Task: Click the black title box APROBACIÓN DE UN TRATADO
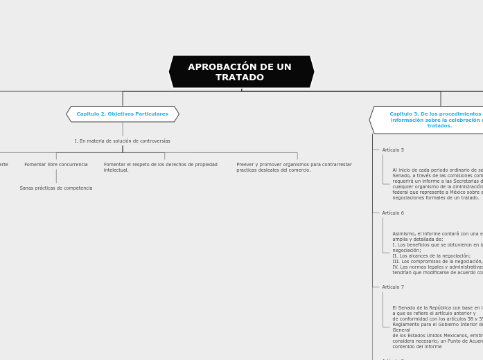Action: coord(241,72)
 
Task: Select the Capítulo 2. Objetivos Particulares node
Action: coord(123,114)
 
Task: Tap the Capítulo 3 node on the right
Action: coord(430,120)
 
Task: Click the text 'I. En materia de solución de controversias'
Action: coord(123,141)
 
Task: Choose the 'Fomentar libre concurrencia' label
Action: coord(56,165)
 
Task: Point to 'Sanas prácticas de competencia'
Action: coord(56,188)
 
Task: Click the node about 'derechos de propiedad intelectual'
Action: coord(160,168)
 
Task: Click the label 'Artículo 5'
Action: coord(393,150)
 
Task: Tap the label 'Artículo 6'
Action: coord(393,213)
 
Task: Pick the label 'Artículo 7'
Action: coord(393,287)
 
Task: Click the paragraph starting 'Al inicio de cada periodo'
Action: coord(437,184)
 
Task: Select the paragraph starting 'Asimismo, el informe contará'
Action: coord(437,253)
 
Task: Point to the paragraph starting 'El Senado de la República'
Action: coord(437,327)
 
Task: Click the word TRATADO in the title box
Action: coord(240,78)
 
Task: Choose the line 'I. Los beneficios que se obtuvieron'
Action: coord(437,245)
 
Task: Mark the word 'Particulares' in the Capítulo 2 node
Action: coord(152,114)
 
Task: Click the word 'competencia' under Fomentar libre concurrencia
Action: coord(78,188)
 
